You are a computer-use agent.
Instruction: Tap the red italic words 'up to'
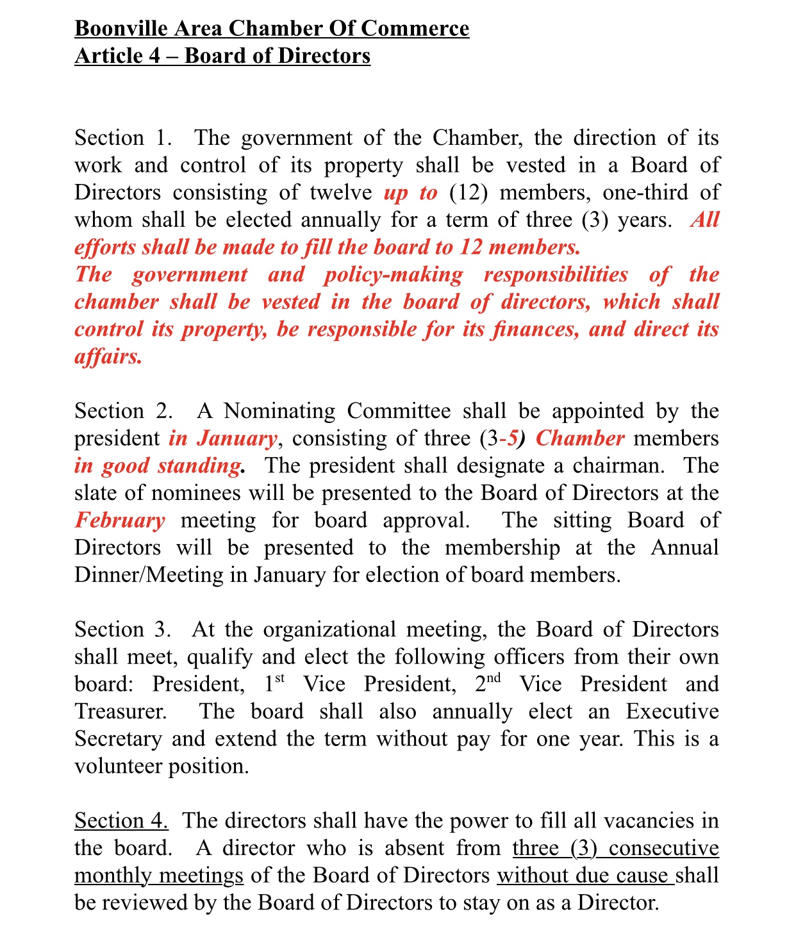click(x=410, y=193)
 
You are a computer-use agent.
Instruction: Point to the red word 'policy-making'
click(x=392, y=275)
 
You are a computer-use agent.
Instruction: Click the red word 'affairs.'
click(x=108, y=356)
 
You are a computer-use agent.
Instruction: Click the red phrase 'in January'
click(x=222, y=439)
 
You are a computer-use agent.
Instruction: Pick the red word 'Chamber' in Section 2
click(x=579, y=439)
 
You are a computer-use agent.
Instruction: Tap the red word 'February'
click(x=120, y=520)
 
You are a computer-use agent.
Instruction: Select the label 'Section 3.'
click(x=122, y=630)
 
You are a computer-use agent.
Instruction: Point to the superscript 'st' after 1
click(x=279, y=678)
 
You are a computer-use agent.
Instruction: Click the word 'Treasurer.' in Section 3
click(x=120, y=711)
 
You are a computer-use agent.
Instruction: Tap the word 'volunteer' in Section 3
click(x=118, y=767)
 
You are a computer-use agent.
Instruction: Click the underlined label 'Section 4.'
click(x=121, y=821)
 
